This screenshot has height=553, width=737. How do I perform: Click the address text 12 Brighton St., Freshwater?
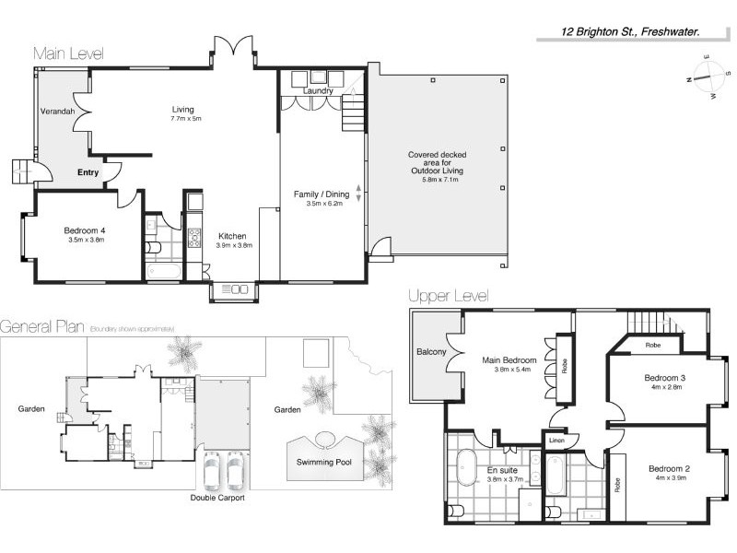click(x=631, y=30)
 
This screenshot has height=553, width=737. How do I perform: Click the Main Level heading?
click(x=68, y=53)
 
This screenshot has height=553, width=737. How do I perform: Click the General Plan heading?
click(x=42, y=326)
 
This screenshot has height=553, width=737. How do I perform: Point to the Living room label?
click(x=182, y=110)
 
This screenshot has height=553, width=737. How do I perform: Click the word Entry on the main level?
click(x=88, y=172)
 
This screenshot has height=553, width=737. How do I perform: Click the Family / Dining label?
click(x=322, y=194)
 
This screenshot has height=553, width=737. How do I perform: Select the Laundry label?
click(x=317, y=90)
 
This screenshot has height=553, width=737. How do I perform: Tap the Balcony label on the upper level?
click(x=431, y=352)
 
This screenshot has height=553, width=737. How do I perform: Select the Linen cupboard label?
click(x=556, y=441)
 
